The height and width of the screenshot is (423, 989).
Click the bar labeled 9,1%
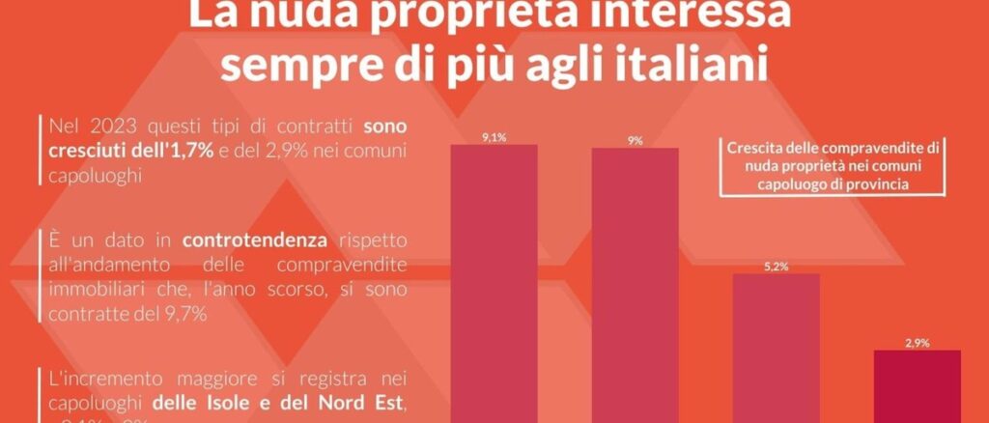[x=494, y=280]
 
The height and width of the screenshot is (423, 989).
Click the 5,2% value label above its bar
[x=776, y=266]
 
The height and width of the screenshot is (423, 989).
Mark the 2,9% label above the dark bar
[x=917, y=343]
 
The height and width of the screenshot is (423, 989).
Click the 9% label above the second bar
[x=635, y=141]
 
